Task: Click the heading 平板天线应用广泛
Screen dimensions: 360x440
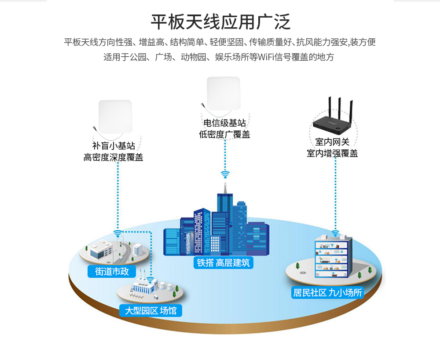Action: point(220,21)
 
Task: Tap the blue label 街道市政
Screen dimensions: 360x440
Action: point(112,271)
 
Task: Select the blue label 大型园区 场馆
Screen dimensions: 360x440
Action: point(150,311)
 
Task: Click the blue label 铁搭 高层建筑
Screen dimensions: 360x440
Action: point(224,263)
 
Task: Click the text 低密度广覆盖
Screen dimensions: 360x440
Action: point(224,135)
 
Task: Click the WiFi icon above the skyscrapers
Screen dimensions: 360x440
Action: point(225,175)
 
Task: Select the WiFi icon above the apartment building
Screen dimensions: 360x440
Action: point(335,233)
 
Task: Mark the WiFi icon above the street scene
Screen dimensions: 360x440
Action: point(117,233)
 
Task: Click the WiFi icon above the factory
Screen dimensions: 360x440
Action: point(150,280)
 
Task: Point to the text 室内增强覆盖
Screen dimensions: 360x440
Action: point(332,153)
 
